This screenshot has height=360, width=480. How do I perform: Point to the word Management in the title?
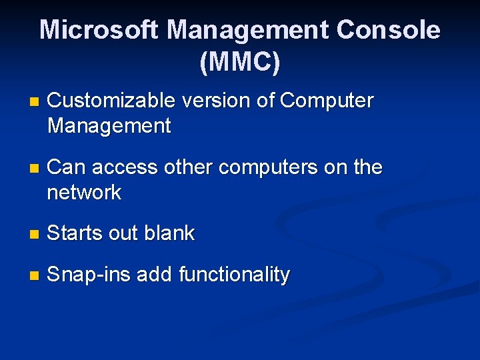click(248, 30)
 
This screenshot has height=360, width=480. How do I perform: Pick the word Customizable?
click(111, 101)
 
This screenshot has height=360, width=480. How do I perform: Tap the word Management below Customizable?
click(109, 125)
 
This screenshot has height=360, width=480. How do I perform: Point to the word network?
click(85, 193)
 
